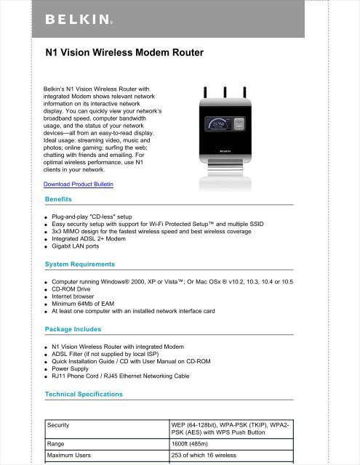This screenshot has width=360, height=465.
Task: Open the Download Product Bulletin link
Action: coord(79,185)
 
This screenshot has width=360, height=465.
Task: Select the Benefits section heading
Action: coord(58,198)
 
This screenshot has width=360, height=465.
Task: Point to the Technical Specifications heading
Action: coord(84,394)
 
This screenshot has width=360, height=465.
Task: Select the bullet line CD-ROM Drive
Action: coord(79,290)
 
